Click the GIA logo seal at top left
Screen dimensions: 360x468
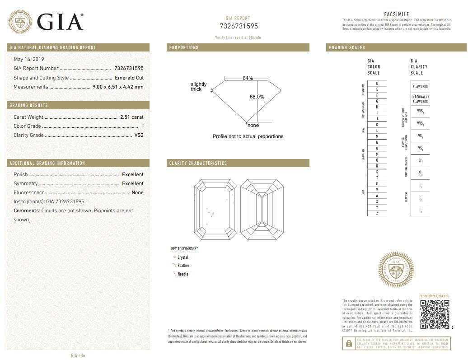(20, 21)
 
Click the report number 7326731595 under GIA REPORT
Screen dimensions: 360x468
(239, 26)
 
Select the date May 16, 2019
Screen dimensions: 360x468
(29, 59)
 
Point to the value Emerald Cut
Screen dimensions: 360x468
(129, 78)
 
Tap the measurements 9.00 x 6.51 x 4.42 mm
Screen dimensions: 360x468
(118, 87)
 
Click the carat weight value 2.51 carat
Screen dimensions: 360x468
(131, 117)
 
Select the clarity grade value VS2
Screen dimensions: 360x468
(139, 135)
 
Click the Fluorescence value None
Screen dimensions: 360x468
(137, 192)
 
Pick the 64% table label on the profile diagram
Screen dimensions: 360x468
(248, 78)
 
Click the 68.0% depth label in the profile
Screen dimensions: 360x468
(257, 97)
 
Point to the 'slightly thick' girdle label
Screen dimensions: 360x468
(198, 87)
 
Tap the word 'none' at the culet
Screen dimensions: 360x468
(253, 126)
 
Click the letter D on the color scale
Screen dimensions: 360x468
(377, 84)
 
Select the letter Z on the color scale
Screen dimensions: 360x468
(377, 213)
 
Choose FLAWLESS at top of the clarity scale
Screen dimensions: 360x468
(420, 87)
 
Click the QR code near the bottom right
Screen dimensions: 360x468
(435, 314)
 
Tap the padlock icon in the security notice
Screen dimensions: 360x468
(349, 343)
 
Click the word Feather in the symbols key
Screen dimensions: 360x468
(183, 266)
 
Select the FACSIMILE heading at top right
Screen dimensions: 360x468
(396, 14)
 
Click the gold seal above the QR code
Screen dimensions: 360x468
(396, 270)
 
